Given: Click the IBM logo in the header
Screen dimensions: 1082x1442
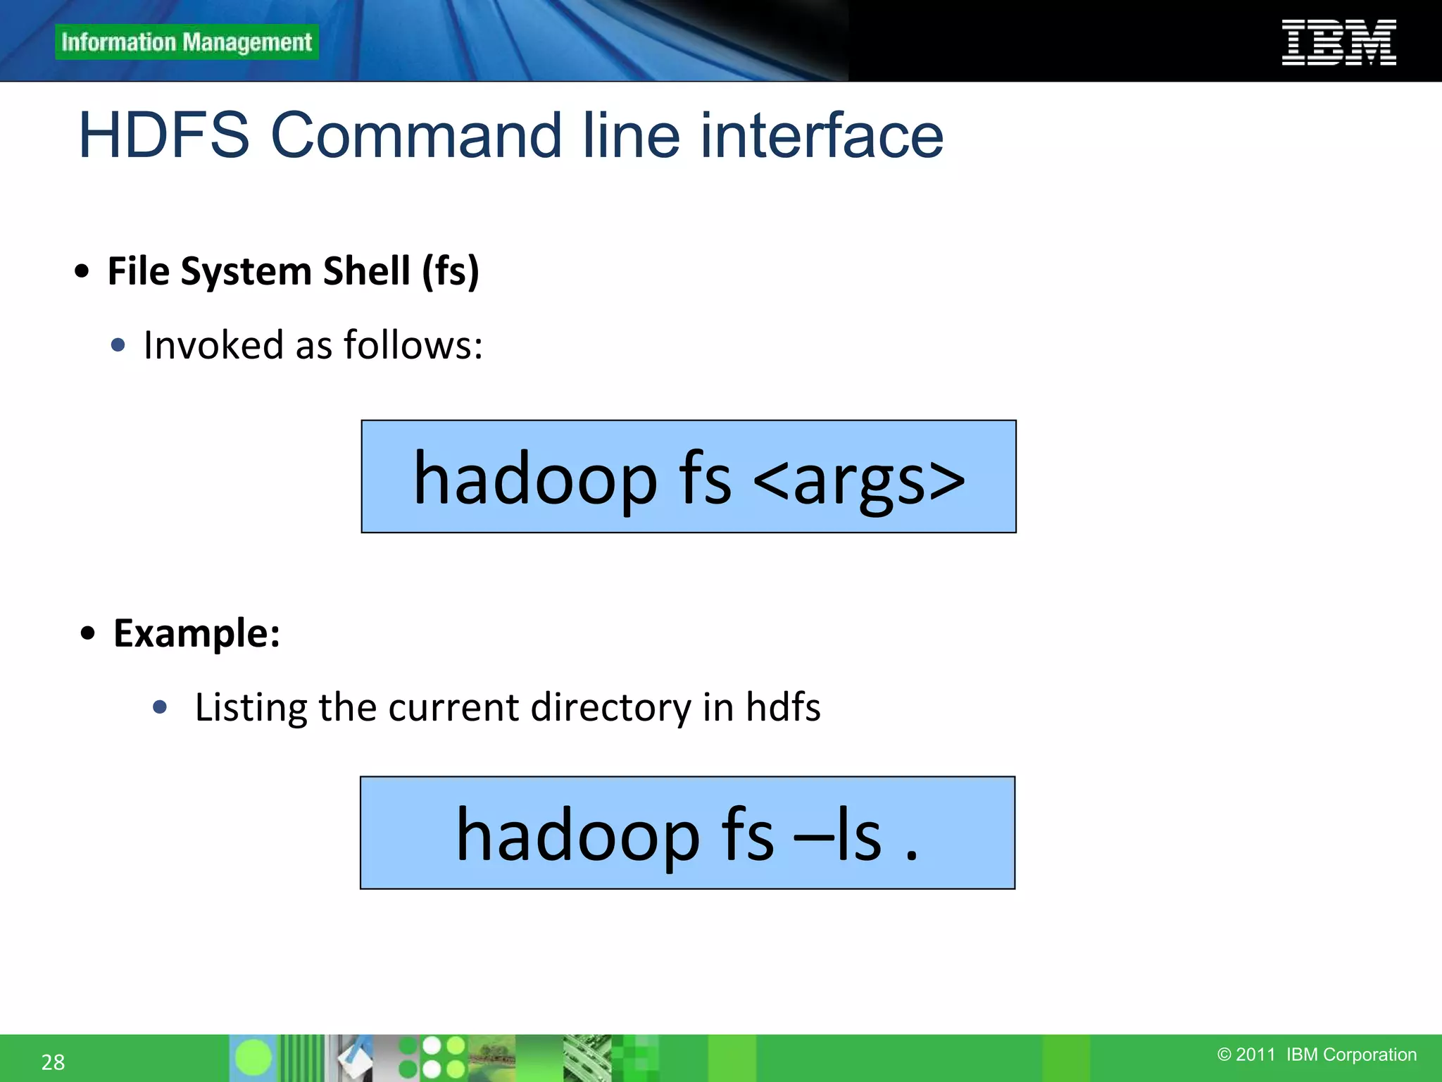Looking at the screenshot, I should (1338, 42).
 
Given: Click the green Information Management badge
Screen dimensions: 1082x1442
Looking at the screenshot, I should (187, 42).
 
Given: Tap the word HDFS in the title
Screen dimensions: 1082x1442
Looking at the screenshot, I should (164, 135).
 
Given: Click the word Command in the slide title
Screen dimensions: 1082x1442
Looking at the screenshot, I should (415, 135).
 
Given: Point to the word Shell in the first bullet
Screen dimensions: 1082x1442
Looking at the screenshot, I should (366, 271).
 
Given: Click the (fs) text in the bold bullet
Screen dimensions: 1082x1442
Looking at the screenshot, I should (451, 271).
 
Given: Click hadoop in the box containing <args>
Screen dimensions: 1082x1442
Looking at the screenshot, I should (535, 479).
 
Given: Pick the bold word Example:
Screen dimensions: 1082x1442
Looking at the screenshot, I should (196, 633).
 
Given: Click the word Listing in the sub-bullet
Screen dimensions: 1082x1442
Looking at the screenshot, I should (251, 707).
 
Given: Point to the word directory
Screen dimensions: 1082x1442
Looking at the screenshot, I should (610, 707).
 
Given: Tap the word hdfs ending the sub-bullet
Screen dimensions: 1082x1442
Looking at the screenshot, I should (783, 707).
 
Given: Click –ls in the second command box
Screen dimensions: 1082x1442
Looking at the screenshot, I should (837, 835).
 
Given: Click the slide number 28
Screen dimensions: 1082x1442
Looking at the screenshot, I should (53, 1062).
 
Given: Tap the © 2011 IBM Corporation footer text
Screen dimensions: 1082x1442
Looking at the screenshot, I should (1317, 1055).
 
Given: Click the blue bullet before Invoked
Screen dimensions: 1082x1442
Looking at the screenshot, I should (118, 345).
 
